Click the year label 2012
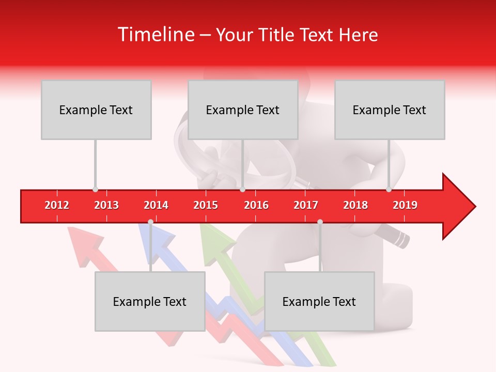[57, 205]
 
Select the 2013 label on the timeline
[106, 205]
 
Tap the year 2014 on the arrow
[156, 205]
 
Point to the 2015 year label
[206, 205]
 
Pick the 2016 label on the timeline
[256, 205]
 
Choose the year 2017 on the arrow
[306, 205]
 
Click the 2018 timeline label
[355, 205]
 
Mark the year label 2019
[405, 205]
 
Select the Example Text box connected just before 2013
[96, 110]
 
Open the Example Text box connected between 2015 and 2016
[243, 110]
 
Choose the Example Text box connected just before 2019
[390, 110]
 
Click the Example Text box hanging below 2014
[150, 301]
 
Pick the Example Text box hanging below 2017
[319, 301]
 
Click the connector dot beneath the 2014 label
[150, 222]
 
